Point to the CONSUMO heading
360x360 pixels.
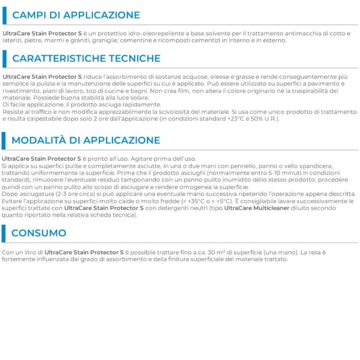click(x=39, y=233)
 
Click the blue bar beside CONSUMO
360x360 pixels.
click(x=4, y=233)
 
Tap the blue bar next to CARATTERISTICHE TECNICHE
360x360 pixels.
click(x=4, y=59)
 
